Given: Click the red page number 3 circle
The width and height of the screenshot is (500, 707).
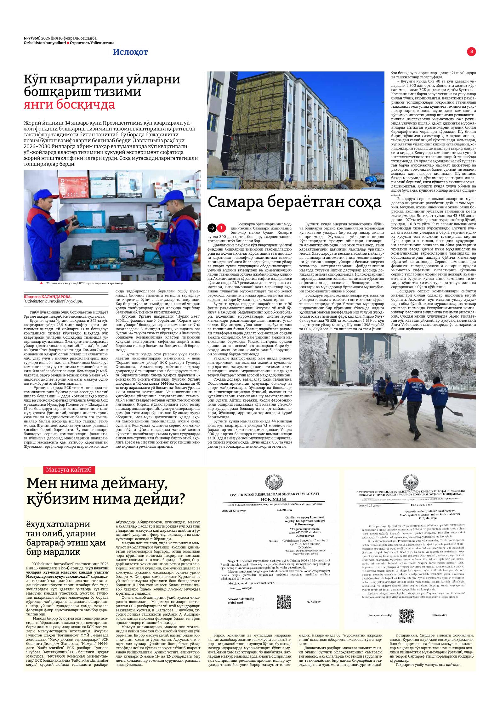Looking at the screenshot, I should coord(471,52).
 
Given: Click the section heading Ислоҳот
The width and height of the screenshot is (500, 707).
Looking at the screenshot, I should coord(130,52).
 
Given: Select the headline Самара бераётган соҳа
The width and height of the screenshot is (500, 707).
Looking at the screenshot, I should coord(294,202).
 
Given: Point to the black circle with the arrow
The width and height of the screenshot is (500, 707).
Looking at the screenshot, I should coord(212,228).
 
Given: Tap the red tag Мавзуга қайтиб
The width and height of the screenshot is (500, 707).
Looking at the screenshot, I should coord(69,470).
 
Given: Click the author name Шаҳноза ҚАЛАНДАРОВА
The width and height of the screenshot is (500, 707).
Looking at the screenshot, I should coord(48,297).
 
